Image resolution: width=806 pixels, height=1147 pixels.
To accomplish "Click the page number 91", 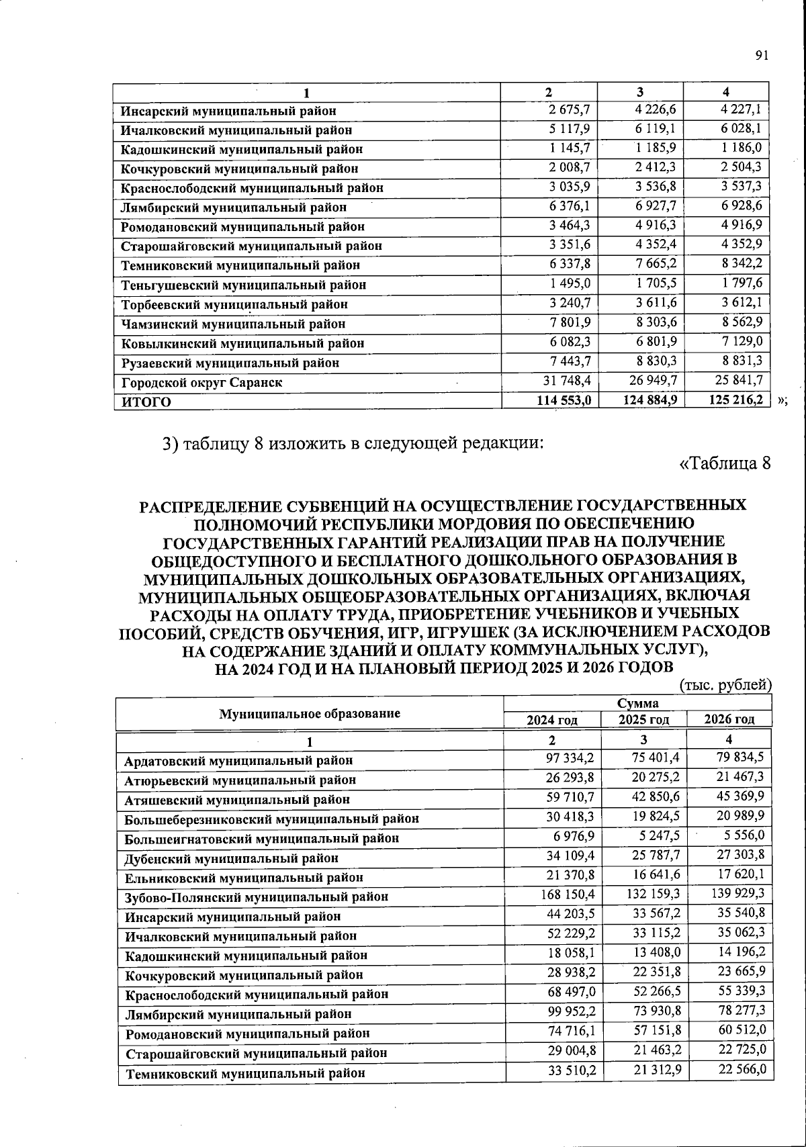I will coord(760,56).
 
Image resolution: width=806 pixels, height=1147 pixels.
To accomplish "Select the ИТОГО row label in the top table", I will coord(146,402).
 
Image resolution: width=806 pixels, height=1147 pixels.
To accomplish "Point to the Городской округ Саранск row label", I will coord(201,383).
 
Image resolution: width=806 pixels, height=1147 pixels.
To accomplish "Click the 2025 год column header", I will coord(643,719).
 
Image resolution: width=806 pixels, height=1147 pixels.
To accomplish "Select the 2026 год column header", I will coord(729,719).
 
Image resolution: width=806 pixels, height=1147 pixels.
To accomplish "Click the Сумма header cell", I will coord(637,703).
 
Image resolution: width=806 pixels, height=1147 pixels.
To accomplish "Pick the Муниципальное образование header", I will coord(310,713).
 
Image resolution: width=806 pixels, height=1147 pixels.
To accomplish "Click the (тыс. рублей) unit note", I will coord(726,685).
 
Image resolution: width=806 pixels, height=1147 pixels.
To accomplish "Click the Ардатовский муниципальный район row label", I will coord(238,761).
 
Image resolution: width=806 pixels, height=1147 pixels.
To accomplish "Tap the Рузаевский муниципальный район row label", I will coord(230,363).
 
